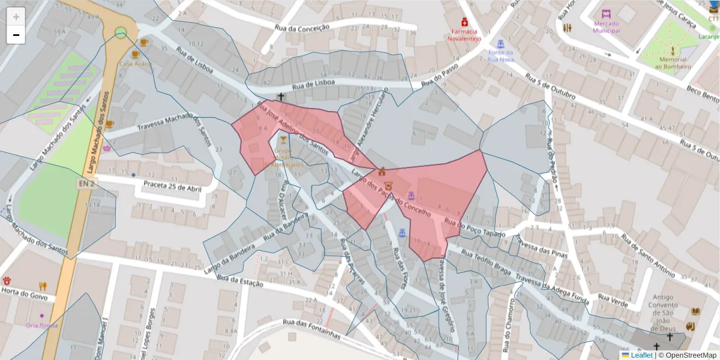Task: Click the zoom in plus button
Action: pos(16,17)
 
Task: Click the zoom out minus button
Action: pos(16,35)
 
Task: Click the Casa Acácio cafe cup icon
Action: pos(143,43)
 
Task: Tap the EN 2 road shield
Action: pos(86,183)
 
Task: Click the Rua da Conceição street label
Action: pos(302,27)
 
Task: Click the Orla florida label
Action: pos(41,325)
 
